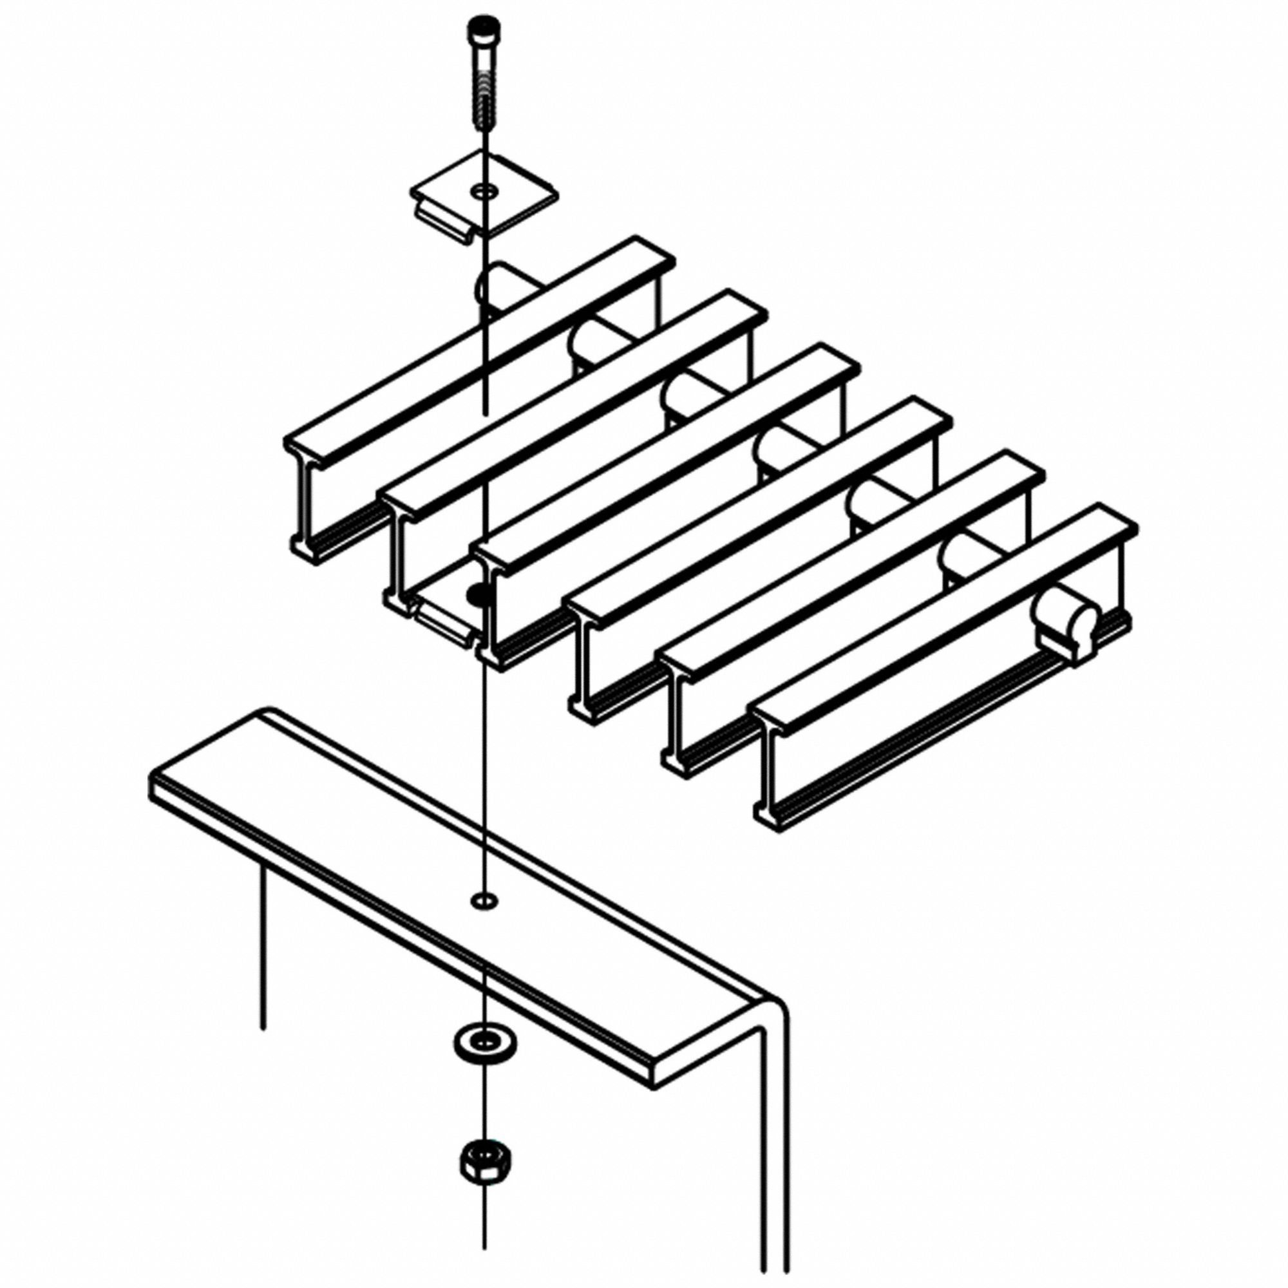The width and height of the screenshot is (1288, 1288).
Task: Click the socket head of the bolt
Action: (480, 31)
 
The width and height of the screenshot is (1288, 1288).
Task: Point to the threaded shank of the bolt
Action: (480, 100)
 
